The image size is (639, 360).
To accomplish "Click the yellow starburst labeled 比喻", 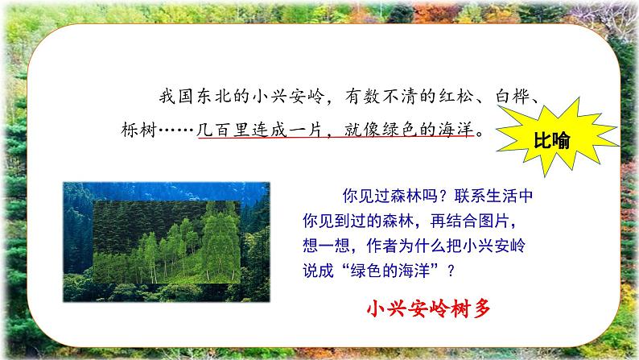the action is point(555,139).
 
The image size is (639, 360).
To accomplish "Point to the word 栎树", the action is point(139,130).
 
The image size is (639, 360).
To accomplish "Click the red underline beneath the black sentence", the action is point(336,138).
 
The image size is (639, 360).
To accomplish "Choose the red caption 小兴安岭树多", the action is point(428,308).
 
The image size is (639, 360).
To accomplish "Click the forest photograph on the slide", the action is point(167,242).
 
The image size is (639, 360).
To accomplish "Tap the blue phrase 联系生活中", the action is point(493,196).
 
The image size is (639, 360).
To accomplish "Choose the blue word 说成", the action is point(318,271).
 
